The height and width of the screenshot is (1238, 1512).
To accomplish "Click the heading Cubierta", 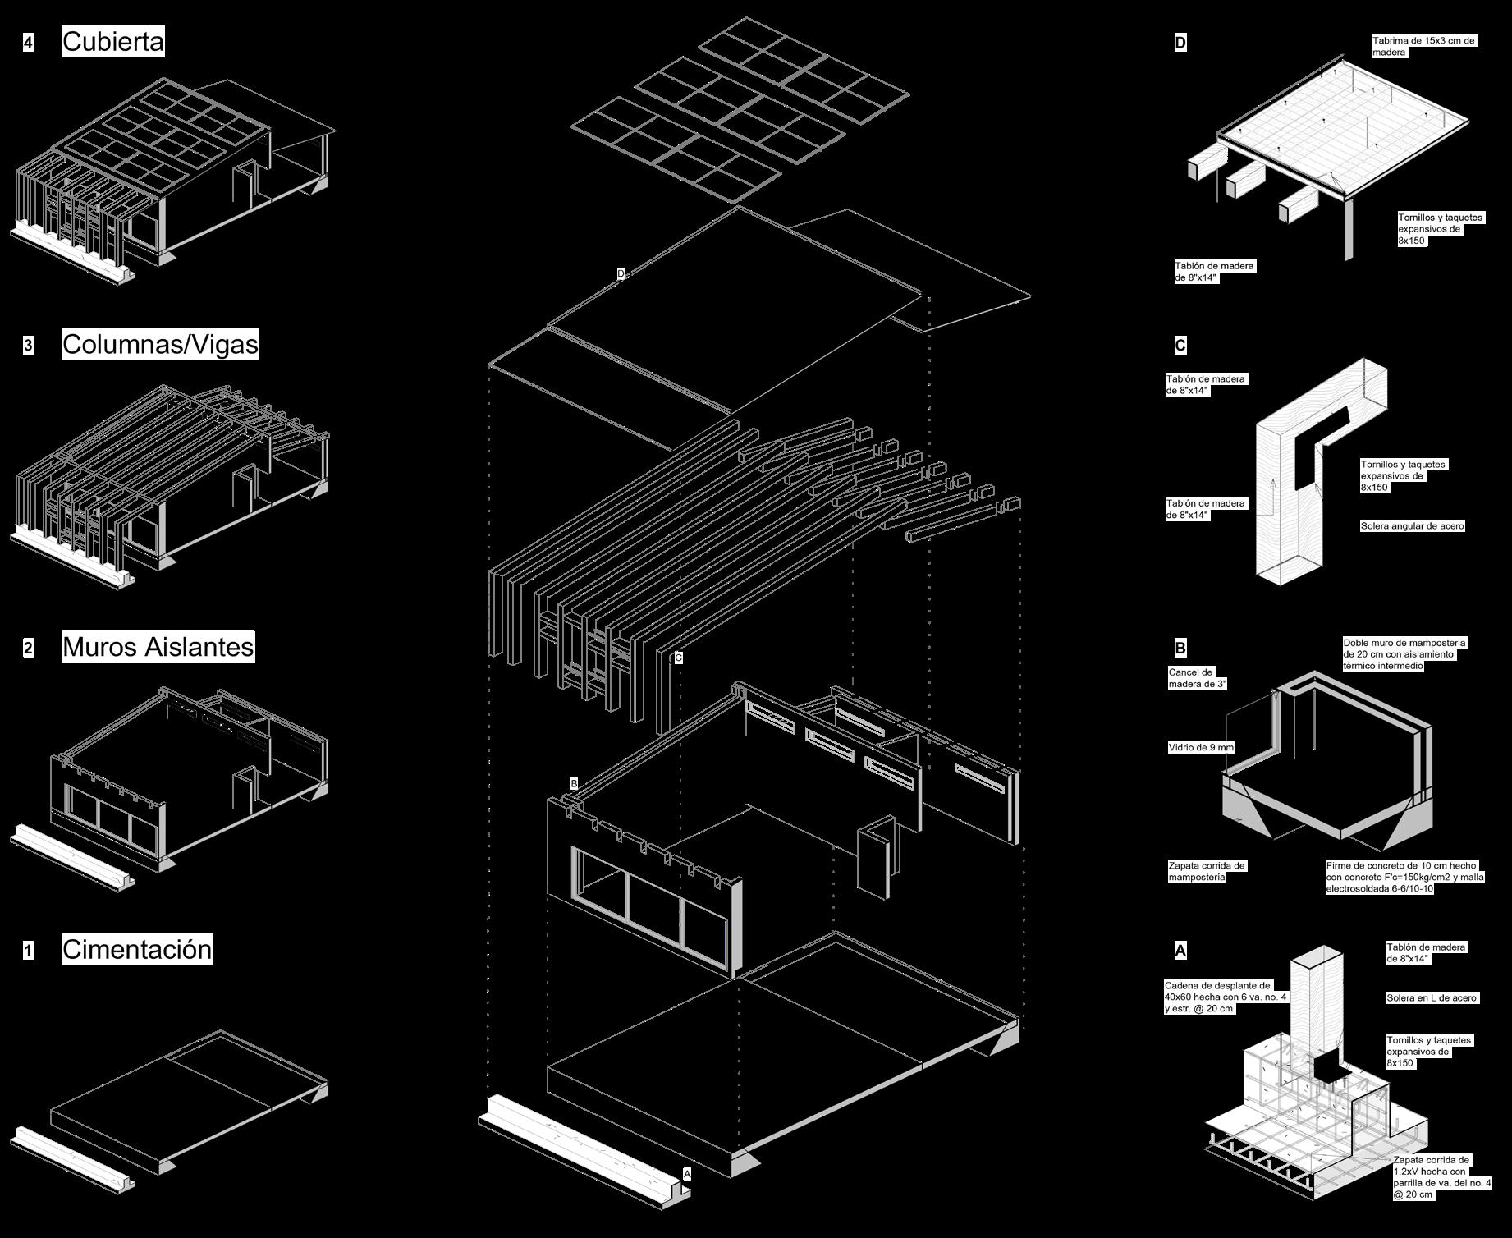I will coord(113,42).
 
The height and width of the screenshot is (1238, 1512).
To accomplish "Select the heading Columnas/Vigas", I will coord(160,344).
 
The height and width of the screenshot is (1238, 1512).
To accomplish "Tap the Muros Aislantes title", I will coord(158,647).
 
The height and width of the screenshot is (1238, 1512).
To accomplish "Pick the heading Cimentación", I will coord(137,949).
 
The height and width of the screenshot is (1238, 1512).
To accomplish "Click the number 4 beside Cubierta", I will coord(29,43).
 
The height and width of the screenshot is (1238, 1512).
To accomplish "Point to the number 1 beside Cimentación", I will coord(29,951).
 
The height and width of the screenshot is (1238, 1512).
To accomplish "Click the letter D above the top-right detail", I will coord(1180,43).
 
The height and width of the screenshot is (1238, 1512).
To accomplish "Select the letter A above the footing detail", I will coord(1180,951).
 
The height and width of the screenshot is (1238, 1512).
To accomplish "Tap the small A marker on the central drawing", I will coord(687,1174).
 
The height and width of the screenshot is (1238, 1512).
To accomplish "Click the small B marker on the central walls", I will coord(574,784).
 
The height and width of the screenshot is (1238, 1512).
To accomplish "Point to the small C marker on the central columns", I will coord(678,658).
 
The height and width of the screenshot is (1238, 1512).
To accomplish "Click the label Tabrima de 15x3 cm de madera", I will coord(1423,46).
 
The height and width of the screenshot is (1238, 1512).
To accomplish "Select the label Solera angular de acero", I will coord(1412,525).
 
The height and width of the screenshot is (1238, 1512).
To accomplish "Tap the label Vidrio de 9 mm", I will coord(1201,747).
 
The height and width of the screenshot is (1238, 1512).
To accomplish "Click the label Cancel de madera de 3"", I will coord(1197,678).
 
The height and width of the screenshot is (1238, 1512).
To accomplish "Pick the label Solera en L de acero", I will coord(1432,997).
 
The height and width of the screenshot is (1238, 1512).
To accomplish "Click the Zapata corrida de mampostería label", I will coord(1207,871).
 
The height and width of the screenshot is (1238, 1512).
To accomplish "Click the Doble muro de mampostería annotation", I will coord(1404,654).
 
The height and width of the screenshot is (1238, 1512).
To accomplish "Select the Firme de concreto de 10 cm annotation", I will coord(1404,877).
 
